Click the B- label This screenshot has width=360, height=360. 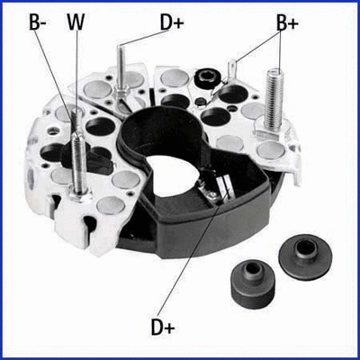click(x=38, y=22)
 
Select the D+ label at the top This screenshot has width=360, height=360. click(x=172, y=21)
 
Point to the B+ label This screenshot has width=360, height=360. click(x=287, y=23)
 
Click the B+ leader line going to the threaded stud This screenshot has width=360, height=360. click(x=279, y=49)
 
